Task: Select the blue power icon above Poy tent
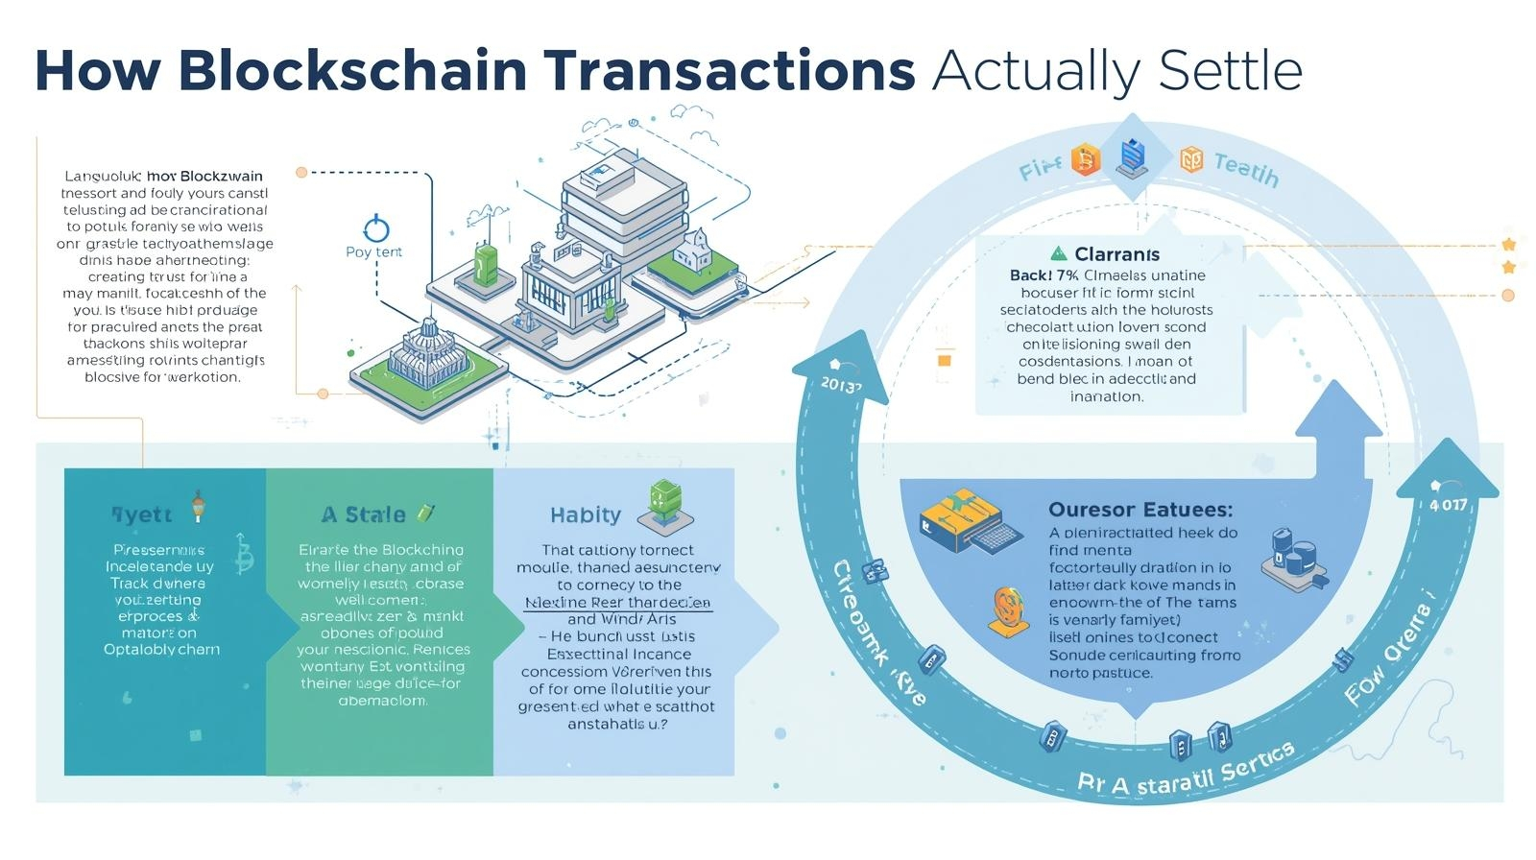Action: (x=376, y=228)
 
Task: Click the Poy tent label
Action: (x=373, y=252)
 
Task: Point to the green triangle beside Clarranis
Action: (x=1058, y=253)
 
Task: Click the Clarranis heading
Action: (x=1116, y=254)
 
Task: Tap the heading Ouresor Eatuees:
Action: (x=1140, y=510)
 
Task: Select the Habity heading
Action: (x=586, y=515)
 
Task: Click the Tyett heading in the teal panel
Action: (x=142, y=515)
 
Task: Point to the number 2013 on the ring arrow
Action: (x=841, y=385)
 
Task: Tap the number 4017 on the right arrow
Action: (x=1448, y=505)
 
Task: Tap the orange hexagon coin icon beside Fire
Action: (x=1085, y=159)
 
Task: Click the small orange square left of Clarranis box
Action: (x=944, y=360)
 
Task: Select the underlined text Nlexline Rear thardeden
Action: (x=617, y=603)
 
